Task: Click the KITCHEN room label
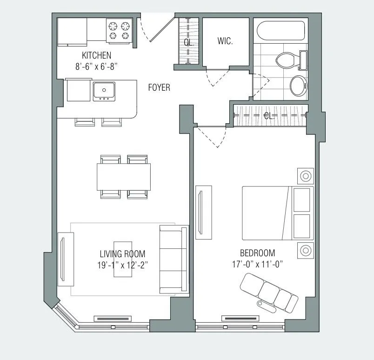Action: click(x=96, y=55)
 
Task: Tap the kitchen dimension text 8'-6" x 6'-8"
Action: click(x=97, y=66)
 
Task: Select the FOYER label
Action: click(x=159, y=87)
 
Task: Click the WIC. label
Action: click(x=225, y=41)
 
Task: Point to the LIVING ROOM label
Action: click(x=122, y=254)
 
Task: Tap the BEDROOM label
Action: click(x=257, y=253)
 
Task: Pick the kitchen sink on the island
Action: click(x=104, y=90)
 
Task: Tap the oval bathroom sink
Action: click(x=298, y=86)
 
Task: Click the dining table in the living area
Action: click(x=124, y=177)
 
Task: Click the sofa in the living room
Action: click(x=174, y=259)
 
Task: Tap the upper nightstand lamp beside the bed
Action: click(x=306, y=176)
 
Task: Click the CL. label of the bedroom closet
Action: click(x=268, y=116)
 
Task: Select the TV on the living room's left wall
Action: click(x=66, y=259)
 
